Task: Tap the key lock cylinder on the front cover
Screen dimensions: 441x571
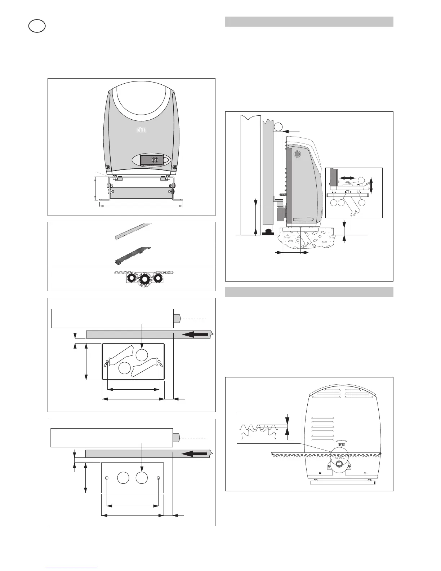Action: (155, 160)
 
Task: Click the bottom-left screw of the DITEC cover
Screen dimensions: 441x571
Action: (107, 167)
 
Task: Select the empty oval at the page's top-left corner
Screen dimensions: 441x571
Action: (37, 26)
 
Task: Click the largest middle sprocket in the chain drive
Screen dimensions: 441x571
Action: (144, 279)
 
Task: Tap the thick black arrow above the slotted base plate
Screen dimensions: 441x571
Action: (196, 335)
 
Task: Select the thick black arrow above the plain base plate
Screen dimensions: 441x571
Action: (195, 453)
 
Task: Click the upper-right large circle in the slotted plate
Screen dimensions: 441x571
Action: (142, 355)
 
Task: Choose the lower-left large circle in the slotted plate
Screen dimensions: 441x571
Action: (124, 368)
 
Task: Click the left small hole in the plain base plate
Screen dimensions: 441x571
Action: (107, 478)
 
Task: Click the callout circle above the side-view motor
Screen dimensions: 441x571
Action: (278, 127)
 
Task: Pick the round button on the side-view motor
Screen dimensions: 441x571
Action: (297, 154)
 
